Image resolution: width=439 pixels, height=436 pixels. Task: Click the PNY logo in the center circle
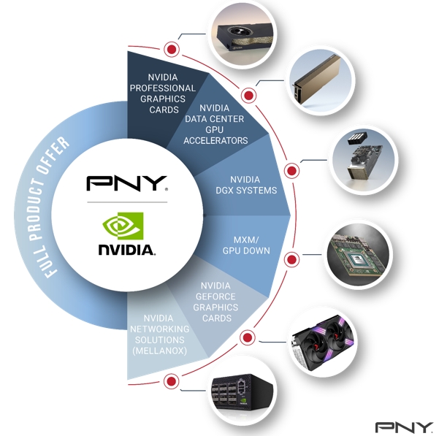(127, 183)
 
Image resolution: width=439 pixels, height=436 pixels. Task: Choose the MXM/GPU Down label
(246, 245)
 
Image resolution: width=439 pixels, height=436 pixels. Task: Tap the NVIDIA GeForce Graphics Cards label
(215, 302)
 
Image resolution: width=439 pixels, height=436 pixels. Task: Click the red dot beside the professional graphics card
(172, 50)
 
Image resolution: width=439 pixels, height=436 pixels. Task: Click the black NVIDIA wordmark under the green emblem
(126, 250)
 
